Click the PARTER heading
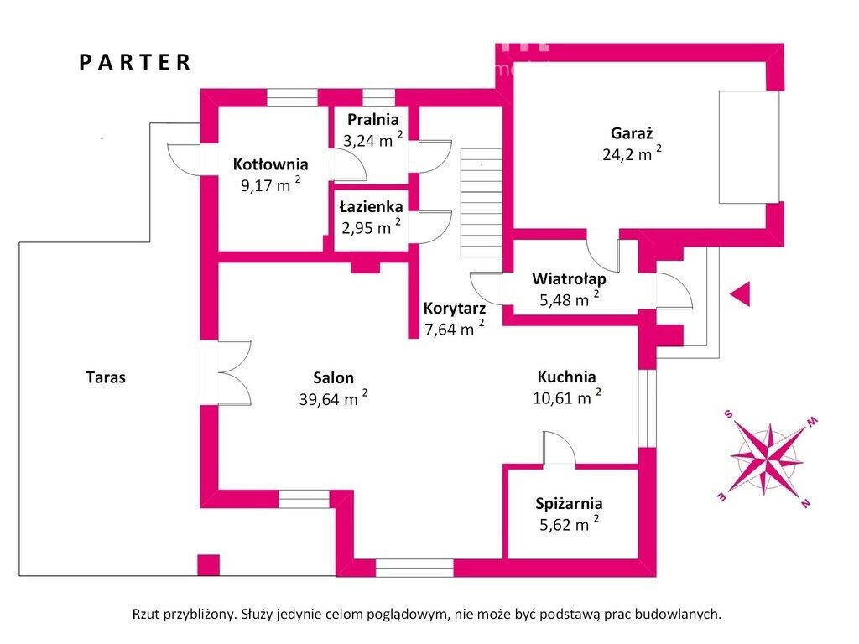pyautogui.click(x=135, y=62)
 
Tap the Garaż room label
pyautogui.click(x=632, y=132)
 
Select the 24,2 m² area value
pyautogui.click(x=632, y=153)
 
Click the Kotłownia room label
pyautogui.click(x=270, y=164)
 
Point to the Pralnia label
pyautogui.click(x=372, y=119)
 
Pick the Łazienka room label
pyautogui.click(x=371, y=205)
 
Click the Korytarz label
pyautogui.click(x=454, y=308)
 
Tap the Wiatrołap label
pyautogui.click(x=570, y=278)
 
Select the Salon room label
pyautogui.click(x=334, y=377)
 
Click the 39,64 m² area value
pyautogui.click(x=334, y=399)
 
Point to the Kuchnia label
pyautogui.click(x=567, y=377)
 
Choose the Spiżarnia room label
pyautogui.click(x=569, y=503)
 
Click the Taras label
pyautogui.click(x=106, y=377)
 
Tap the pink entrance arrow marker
pyautogui.click(x=739, y=293)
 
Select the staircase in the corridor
pyautogui.click(x=480, y=203)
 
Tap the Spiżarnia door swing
pyautogui.click(x=557, y=448)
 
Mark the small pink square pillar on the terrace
pyautogui.click(x=208, y=564)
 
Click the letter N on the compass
pyautogui.click(x=804, y=503)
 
